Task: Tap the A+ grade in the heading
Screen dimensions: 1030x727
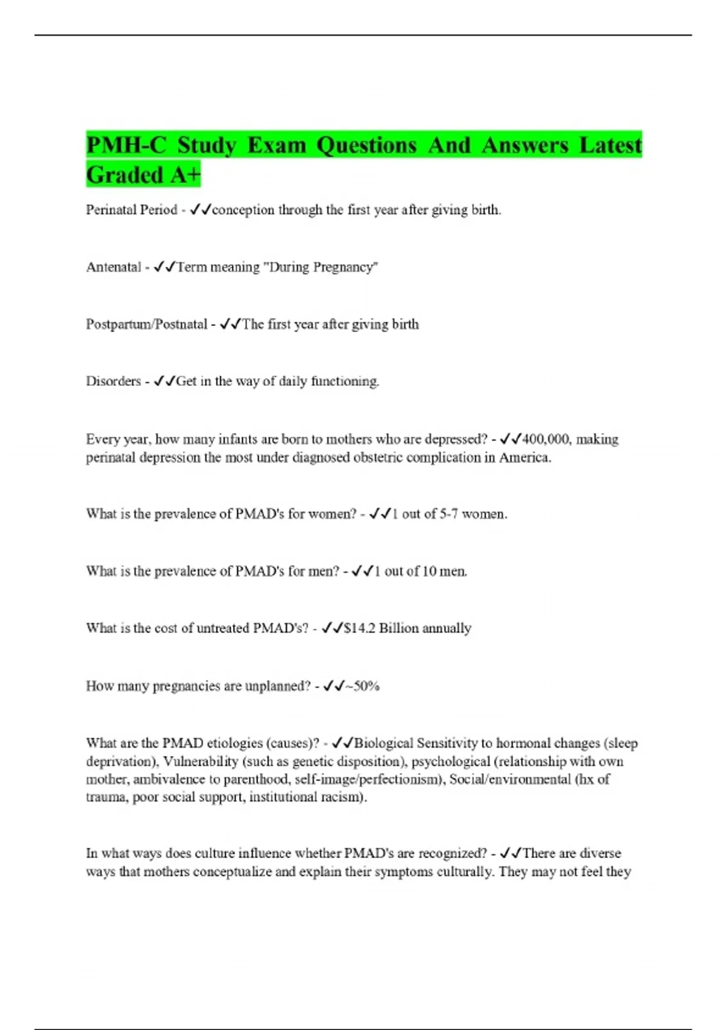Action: [x=185, y=175]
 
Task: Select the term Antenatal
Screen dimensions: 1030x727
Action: [x=113, y=267]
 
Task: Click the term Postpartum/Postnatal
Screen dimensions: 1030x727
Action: [x=147, y=324]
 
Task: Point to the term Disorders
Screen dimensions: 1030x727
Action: [x=113, y=381]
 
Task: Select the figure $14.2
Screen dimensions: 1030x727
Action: [x=359, y=628]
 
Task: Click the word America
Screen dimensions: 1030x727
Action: [x=524, y=457]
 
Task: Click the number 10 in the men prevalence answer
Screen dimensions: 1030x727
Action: [x=429, y=571]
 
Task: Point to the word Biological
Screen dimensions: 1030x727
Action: [x=383, y=743]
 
